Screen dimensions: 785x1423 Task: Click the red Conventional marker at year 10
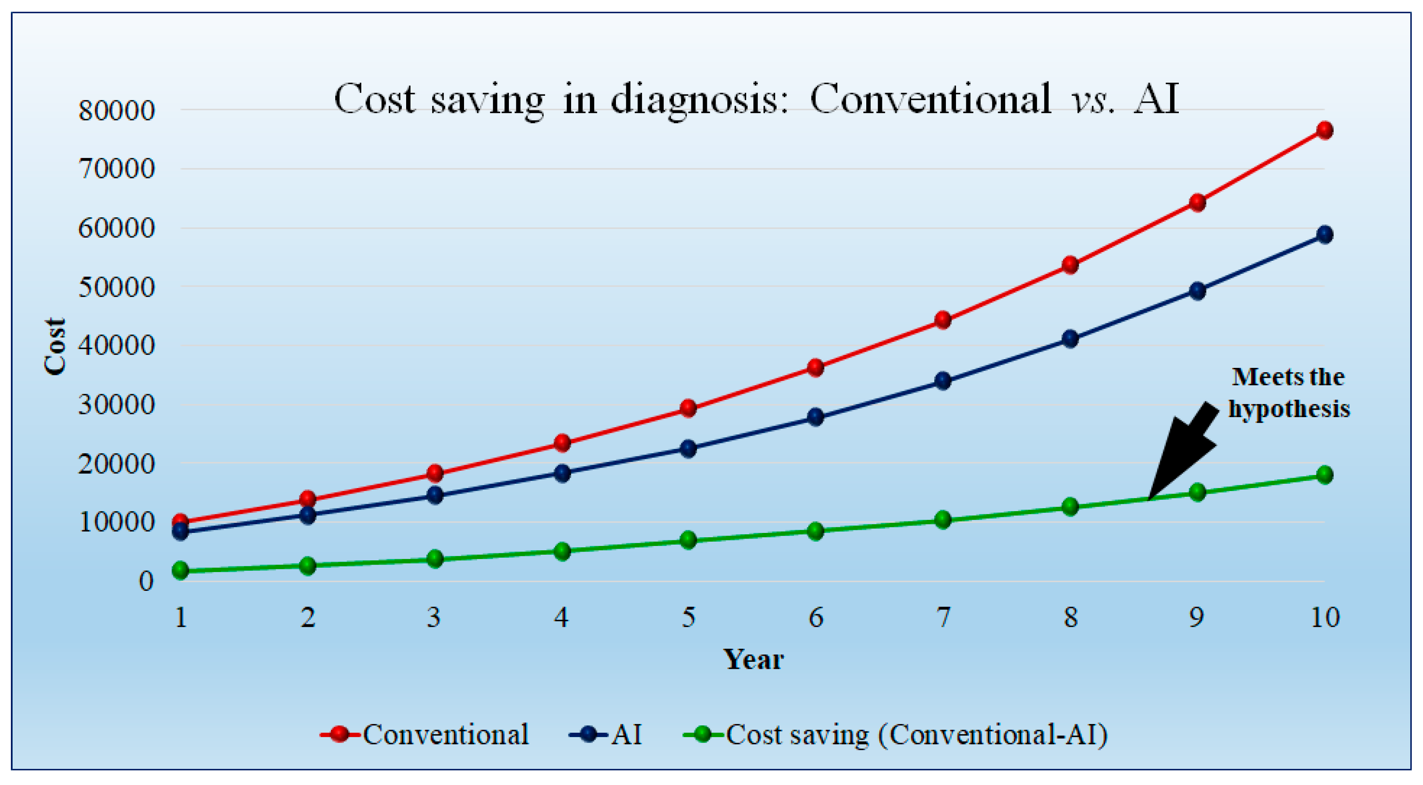click(1324, 130)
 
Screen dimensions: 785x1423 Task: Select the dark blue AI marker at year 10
click(1324, 234)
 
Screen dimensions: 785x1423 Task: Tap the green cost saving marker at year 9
click(1197, 492)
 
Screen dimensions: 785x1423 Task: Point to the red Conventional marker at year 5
click(688, 408)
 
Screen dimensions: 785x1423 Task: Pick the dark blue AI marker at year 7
click(943, 381)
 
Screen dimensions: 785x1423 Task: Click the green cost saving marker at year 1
click(181, 570)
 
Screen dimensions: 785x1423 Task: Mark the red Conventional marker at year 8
click(1070, 265)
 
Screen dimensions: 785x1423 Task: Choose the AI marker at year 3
click(435, 495)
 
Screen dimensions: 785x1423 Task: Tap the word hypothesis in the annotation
click(1289, 409)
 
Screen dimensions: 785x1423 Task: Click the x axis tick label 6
click(816, 617)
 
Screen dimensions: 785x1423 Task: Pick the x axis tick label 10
click(1325, 617)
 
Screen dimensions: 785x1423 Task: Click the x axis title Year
click(754, 659)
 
